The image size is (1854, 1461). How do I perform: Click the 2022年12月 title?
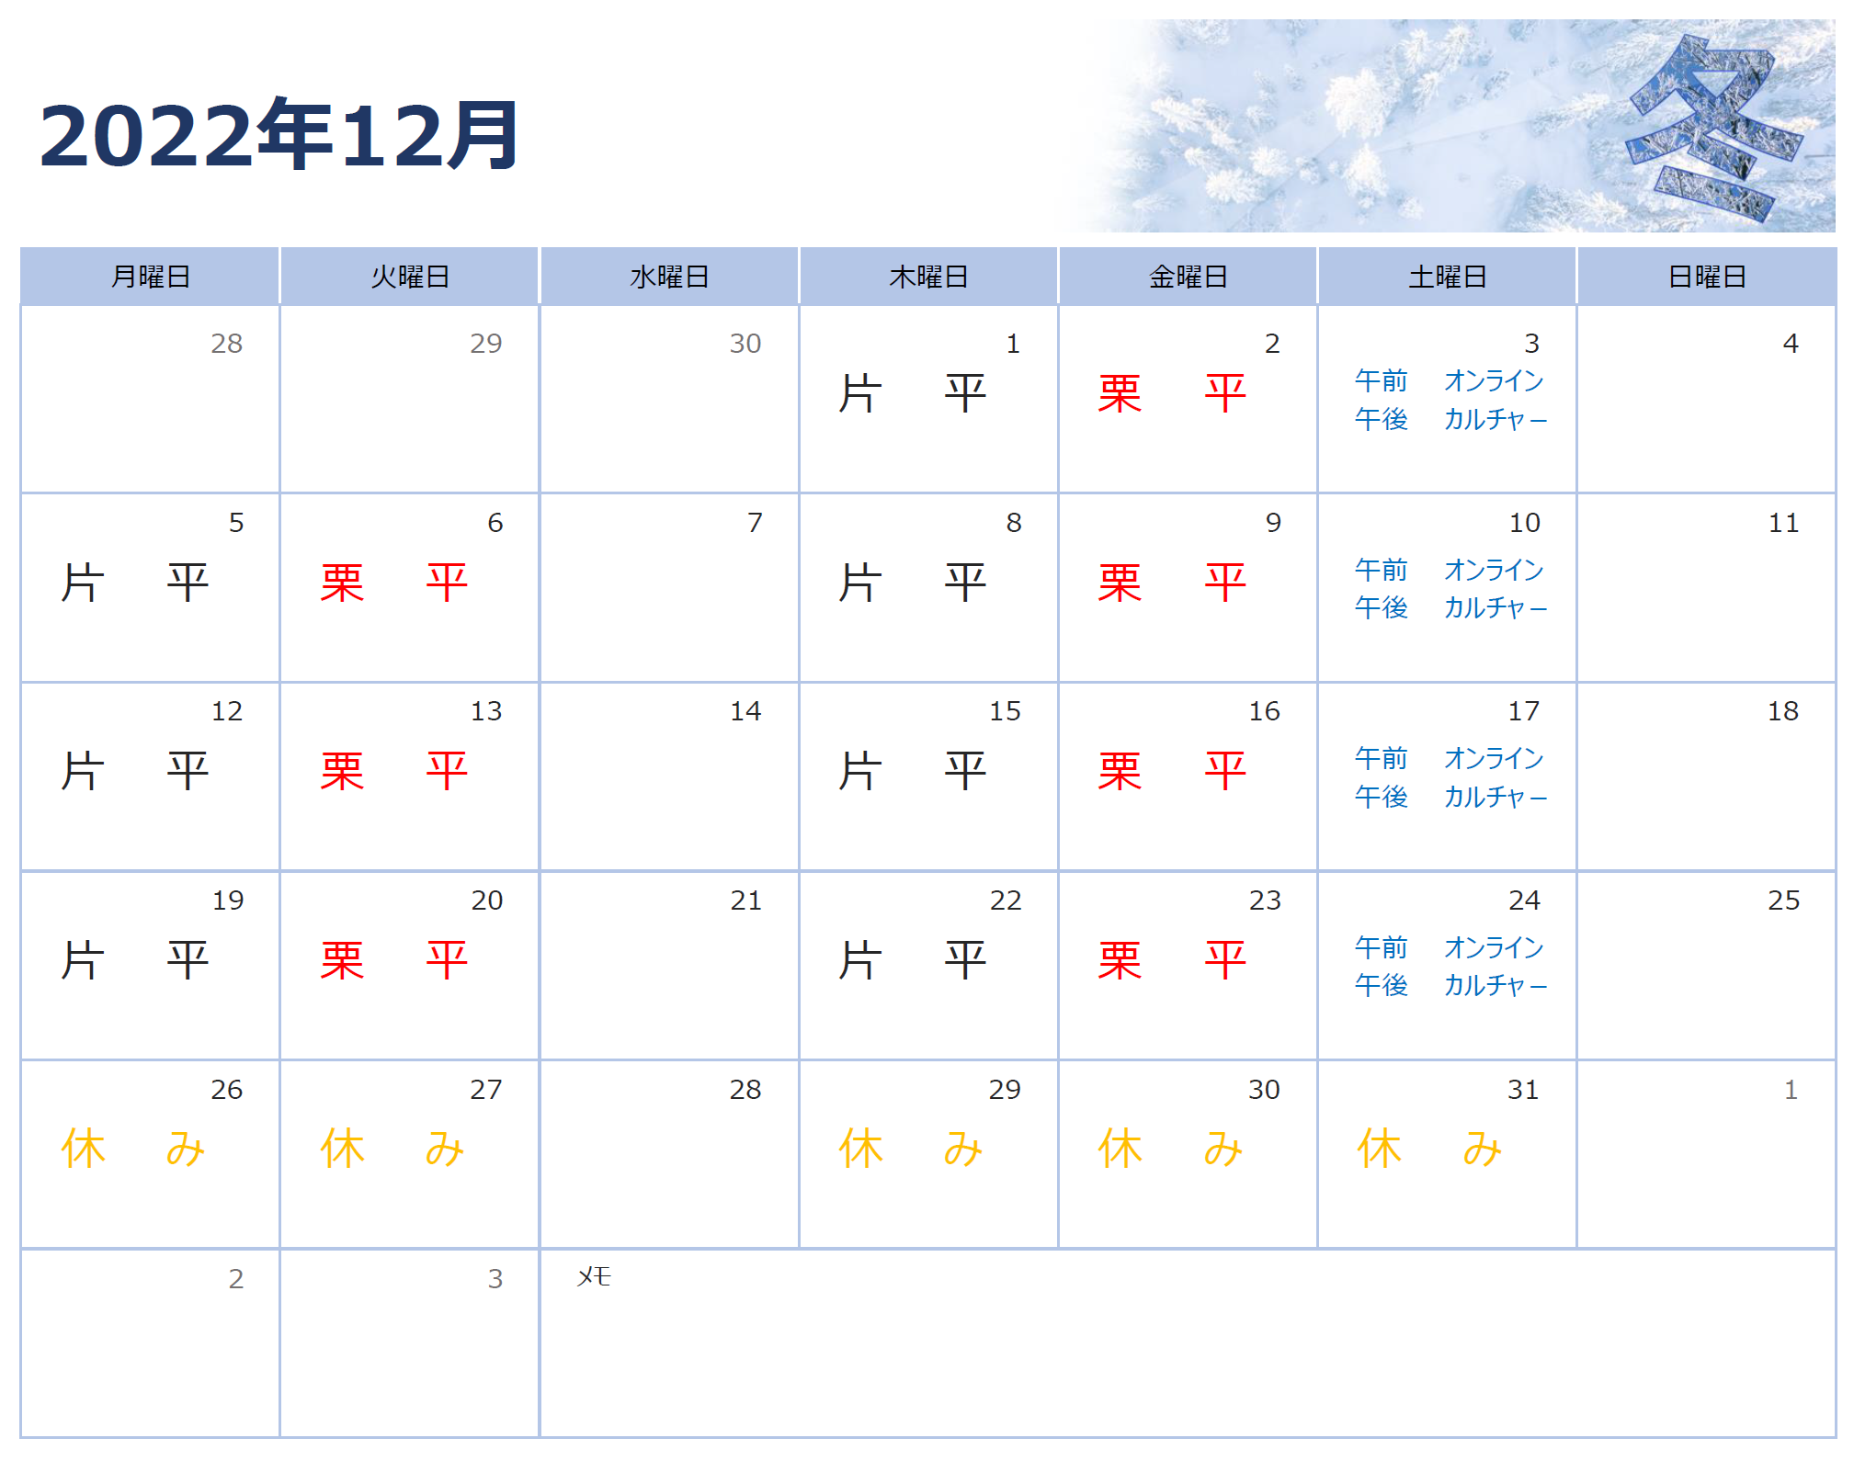279,136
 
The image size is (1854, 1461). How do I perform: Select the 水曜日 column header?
669,277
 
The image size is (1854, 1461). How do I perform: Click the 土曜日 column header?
1448,277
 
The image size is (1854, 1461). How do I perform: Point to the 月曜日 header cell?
150,277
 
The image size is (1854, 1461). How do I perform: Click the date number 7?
755,523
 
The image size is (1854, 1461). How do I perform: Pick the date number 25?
1783,900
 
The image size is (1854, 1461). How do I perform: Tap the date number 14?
745,711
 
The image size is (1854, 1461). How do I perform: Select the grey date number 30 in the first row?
745,344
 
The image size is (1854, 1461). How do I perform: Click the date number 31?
1523,1090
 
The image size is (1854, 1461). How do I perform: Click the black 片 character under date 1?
860,394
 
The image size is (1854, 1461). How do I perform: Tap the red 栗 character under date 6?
342,583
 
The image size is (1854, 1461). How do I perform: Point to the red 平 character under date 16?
1225,771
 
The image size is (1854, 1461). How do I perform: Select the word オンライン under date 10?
1494,570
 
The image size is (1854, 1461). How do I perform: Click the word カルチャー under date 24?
1496,985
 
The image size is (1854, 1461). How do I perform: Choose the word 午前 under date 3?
1381,380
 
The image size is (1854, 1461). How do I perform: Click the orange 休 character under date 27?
342,1150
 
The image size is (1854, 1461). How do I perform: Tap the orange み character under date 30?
1223,1150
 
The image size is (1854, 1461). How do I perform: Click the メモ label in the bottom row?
594,1276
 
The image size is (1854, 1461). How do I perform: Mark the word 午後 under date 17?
1381,796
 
